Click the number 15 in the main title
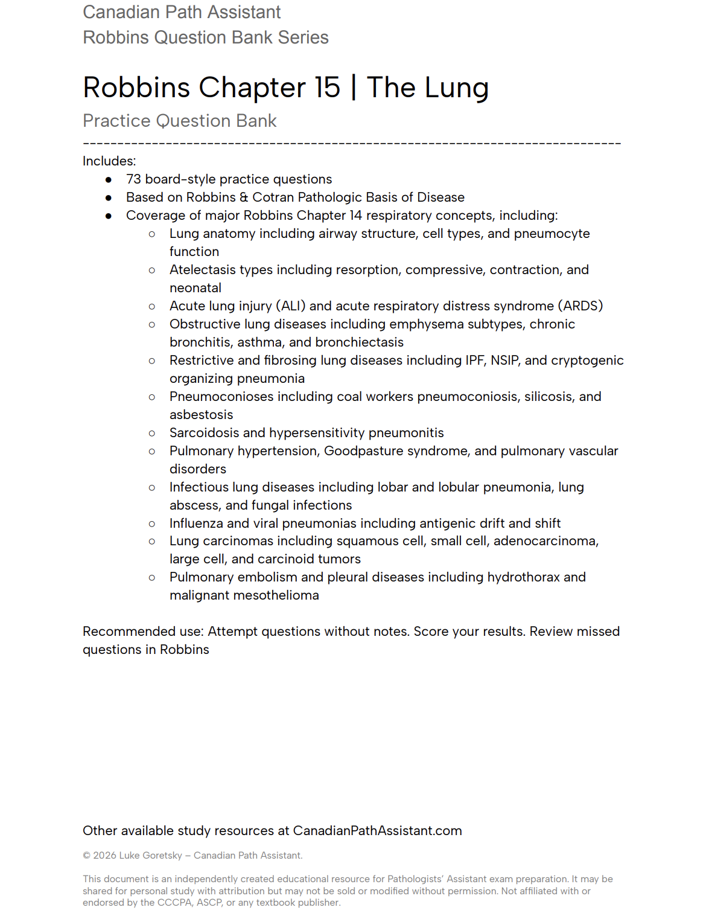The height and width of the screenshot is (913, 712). point(327,88)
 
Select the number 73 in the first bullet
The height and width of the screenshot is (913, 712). point(133,179)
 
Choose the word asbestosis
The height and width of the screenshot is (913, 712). point(201,415)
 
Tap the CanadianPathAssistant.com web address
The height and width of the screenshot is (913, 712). point(377,831)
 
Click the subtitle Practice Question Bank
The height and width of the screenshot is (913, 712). point(179,121)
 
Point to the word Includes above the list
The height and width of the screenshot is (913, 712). point(108,161)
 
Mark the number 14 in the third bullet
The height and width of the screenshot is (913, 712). point(355,216)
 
